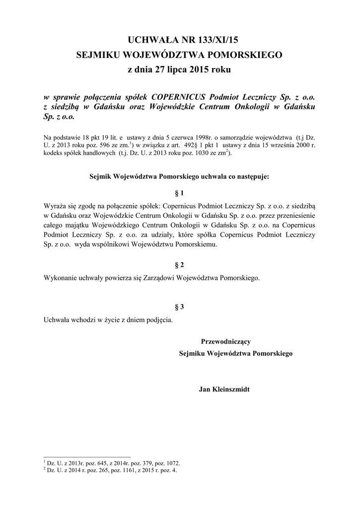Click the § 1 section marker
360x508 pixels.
click(x=180, y=192)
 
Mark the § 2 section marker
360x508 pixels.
click(x=180, y=265)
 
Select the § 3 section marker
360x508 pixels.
click(x=180, y=307)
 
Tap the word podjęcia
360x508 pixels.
click(x=157, y=319)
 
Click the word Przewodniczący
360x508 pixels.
click(x=225, y=341)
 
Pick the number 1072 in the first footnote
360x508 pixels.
click(x=171, y=463)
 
